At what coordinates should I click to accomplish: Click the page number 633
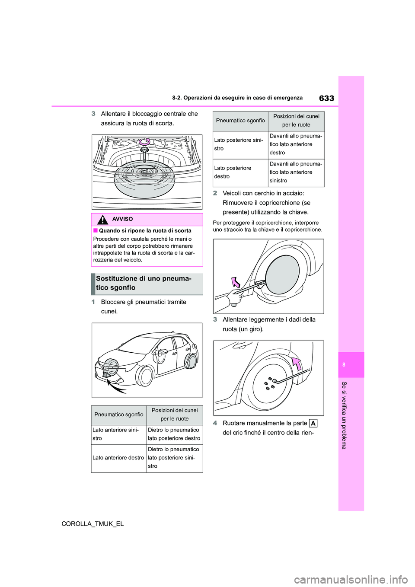coord(326,98)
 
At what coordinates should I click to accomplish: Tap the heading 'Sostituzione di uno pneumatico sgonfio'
coord(144,283)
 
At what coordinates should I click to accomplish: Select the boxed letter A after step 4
coord(313,423)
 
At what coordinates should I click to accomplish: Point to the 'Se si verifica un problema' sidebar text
coord(344,415)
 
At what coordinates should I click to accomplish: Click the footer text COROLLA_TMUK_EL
coord(93,523)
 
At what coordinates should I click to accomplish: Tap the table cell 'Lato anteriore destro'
coord(118,458)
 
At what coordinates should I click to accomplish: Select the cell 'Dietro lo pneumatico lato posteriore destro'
coord(174,434)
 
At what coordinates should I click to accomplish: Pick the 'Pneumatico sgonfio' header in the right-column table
coord(240,121)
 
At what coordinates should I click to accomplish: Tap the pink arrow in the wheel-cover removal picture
coord(236,282)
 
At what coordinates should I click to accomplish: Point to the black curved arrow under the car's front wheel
coord(116,386)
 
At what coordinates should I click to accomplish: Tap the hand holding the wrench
coord(235,297)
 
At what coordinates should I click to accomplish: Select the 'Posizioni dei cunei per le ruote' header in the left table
coord(175,415)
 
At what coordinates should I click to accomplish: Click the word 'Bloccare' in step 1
coord(113,302)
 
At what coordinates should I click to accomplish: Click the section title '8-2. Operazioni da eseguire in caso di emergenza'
coord(237,98)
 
